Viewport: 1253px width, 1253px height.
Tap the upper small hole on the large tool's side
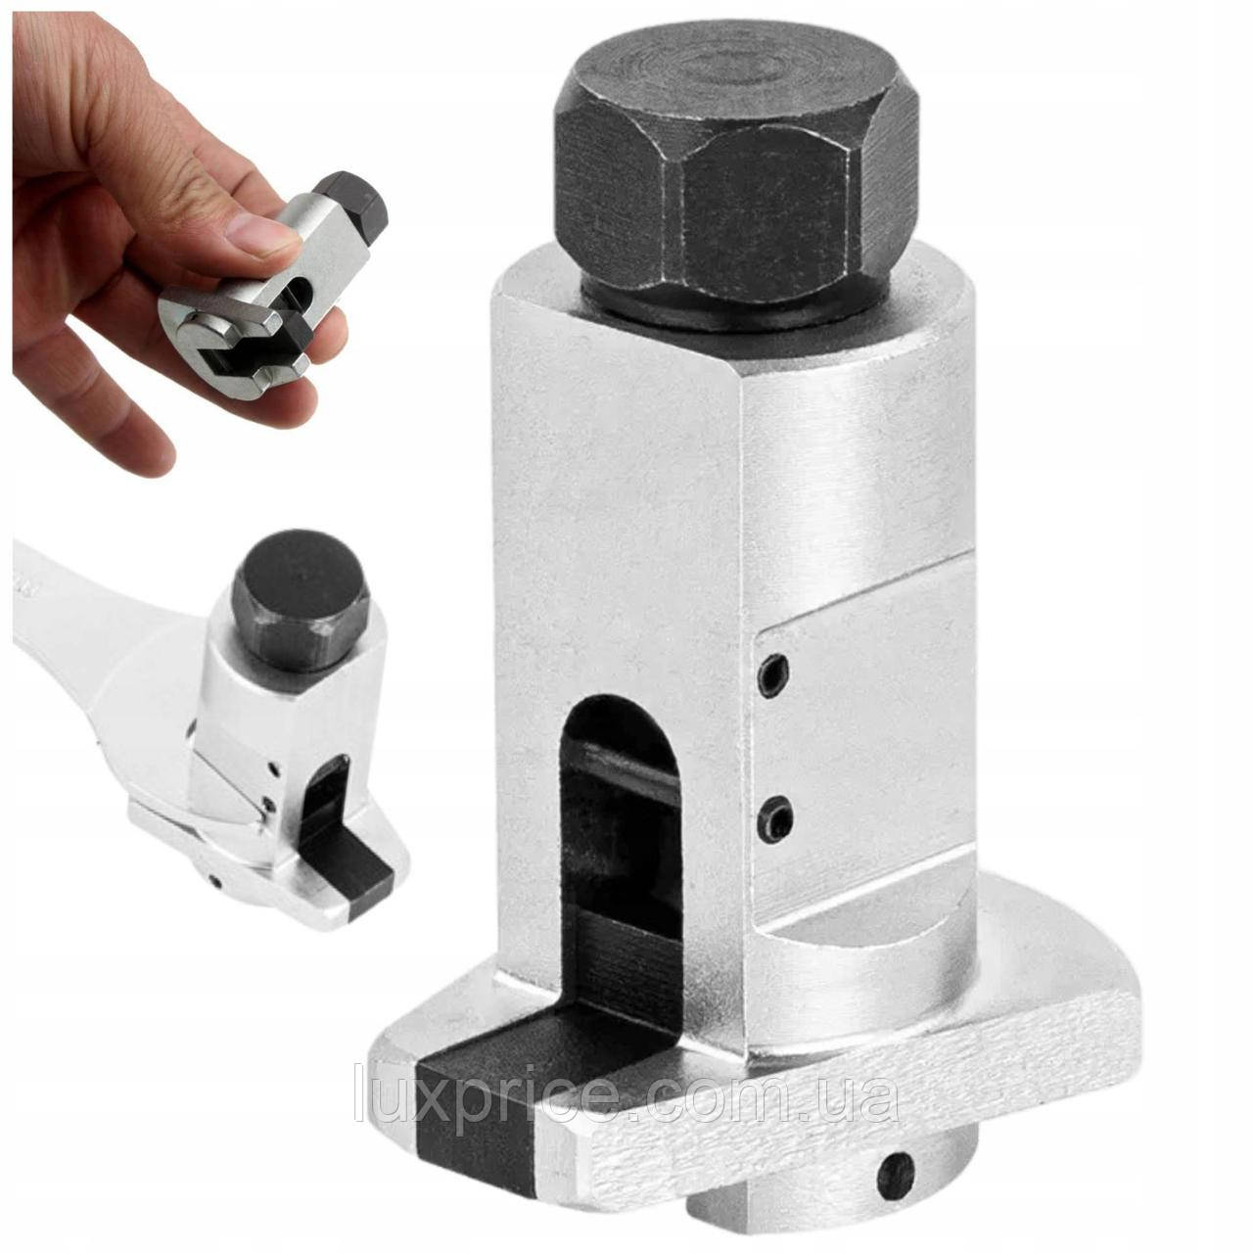coord(774,675)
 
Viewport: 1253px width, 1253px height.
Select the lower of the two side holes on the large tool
coord(777,818)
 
